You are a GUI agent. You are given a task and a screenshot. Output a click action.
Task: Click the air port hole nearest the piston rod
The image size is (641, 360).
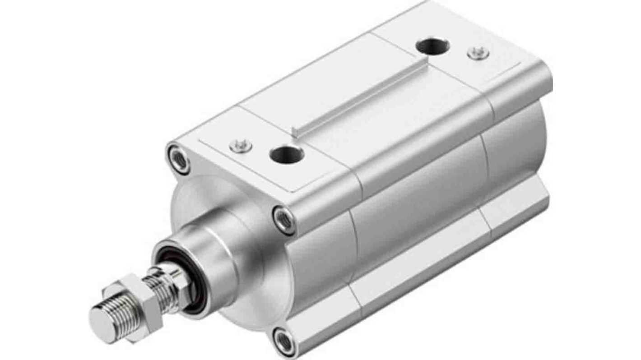tap(287, 155)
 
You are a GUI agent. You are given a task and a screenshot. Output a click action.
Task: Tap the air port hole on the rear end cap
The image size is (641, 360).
tap(432, 46)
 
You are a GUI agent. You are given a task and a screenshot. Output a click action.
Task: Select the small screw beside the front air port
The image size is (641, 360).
tap(240, 145)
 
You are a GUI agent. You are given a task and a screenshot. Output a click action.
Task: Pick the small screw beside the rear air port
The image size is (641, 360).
tap(478, 53)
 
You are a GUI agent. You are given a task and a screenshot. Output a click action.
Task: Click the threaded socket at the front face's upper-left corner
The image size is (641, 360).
tap(179, 159)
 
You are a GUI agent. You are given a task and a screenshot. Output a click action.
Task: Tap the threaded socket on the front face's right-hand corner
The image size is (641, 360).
tap(285, 220)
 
